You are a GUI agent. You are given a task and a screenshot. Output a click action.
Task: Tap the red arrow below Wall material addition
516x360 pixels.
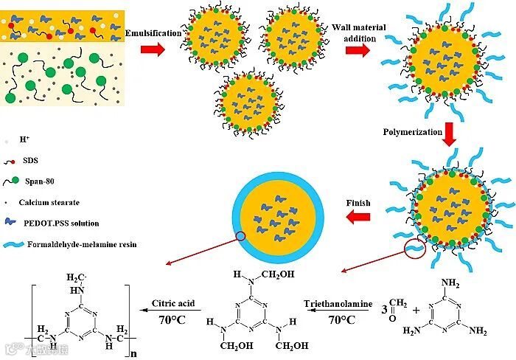coord(358,50)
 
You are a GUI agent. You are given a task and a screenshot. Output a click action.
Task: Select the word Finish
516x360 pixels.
coord(358,202)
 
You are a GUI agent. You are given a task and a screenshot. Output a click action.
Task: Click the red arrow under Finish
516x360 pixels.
coord(359,217)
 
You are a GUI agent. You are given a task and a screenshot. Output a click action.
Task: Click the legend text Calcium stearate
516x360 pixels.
coord(61,201)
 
